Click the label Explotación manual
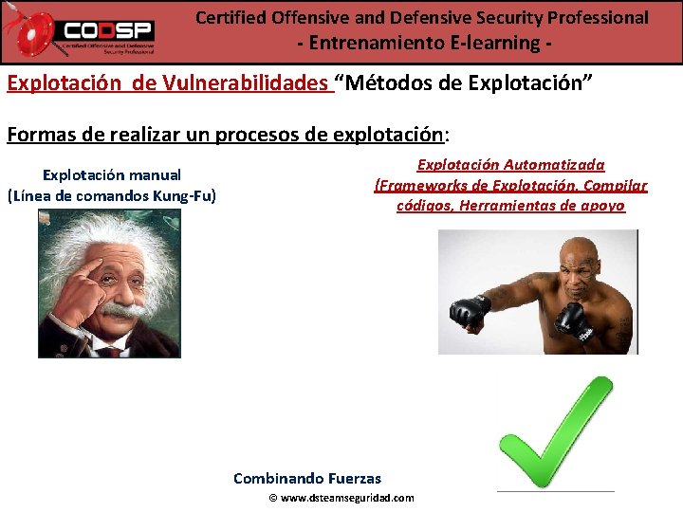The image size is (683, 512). (112, 175)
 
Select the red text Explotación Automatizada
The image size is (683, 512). (510, 165)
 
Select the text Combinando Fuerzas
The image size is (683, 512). (307, 478)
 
